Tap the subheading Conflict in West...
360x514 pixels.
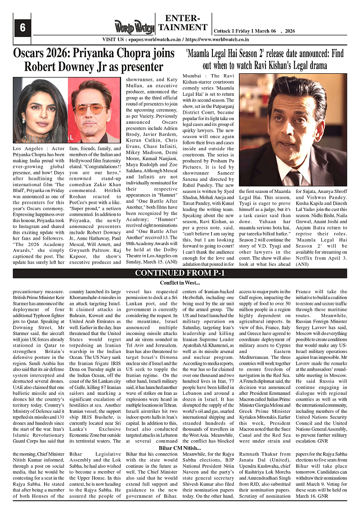coord(180,283)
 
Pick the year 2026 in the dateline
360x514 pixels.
coord(291,31)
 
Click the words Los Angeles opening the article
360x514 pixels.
coord(28,148)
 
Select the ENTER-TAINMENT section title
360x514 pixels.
coord(183,23)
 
